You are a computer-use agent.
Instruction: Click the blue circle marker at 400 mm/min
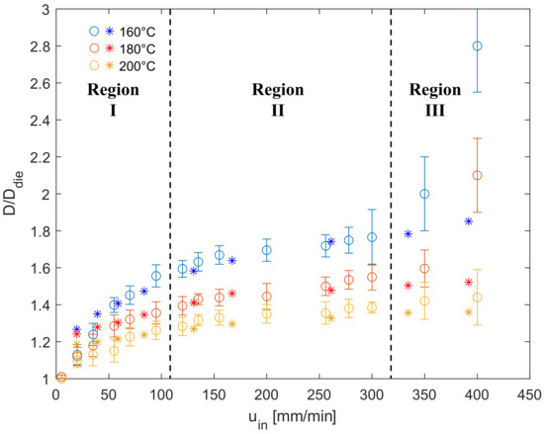[477, 46]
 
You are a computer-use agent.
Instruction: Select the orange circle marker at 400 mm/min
[477, 175]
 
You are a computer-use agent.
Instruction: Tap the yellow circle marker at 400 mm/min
[477, 298]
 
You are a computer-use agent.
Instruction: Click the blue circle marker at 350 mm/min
[424, 194]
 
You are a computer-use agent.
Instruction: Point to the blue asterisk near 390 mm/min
[468, 221]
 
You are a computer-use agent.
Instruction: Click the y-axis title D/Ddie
[12, 194]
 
